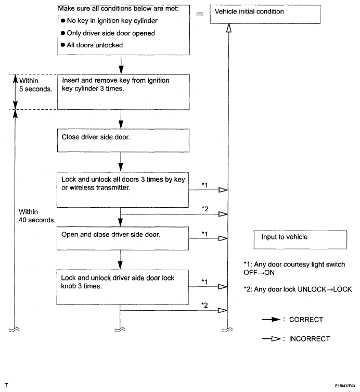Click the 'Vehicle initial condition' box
pyautogui.click(x=277, y=15)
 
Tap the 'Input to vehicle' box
pyautogui.click(x=300, y=240)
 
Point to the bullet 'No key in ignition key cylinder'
pyautogui.click(x=101, y=21)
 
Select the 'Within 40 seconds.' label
pyautogui.click(x=37, y=216)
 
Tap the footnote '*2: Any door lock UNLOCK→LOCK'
pyautogui.click(x=294, y=288)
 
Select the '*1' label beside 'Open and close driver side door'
pyautogui.click(x=205, y=234)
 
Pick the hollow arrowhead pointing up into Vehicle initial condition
pyautogui.click(x=228, y=30)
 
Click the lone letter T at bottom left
pyautogui.click(x=6, y=385)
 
